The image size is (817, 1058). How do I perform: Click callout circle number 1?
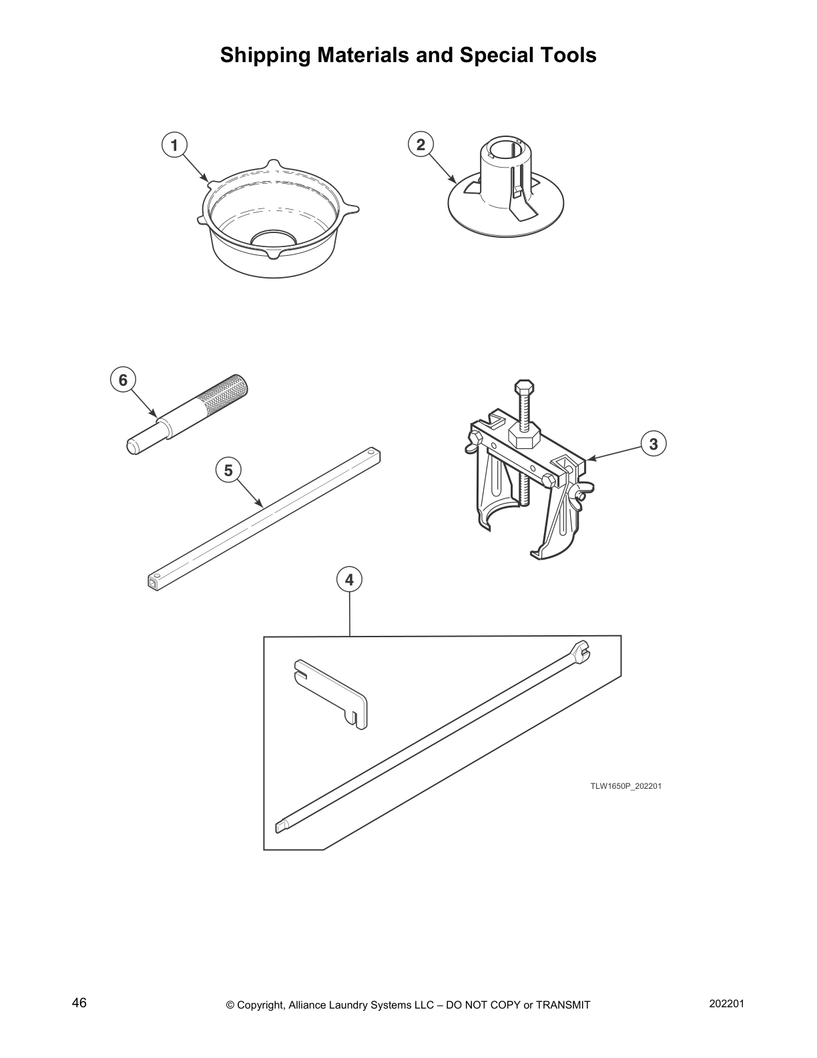(175, 144)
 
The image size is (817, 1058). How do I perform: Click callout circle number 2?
(421, 144)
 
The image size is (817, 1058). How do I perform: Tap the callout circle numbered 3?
(653, 444)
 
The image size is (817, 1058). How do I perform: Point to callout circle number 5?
(228, 470)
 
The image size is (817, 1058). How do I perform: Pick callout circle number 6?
(123, 380)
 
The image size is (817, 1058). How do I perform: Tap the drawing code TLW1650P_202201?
(625, 786)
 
